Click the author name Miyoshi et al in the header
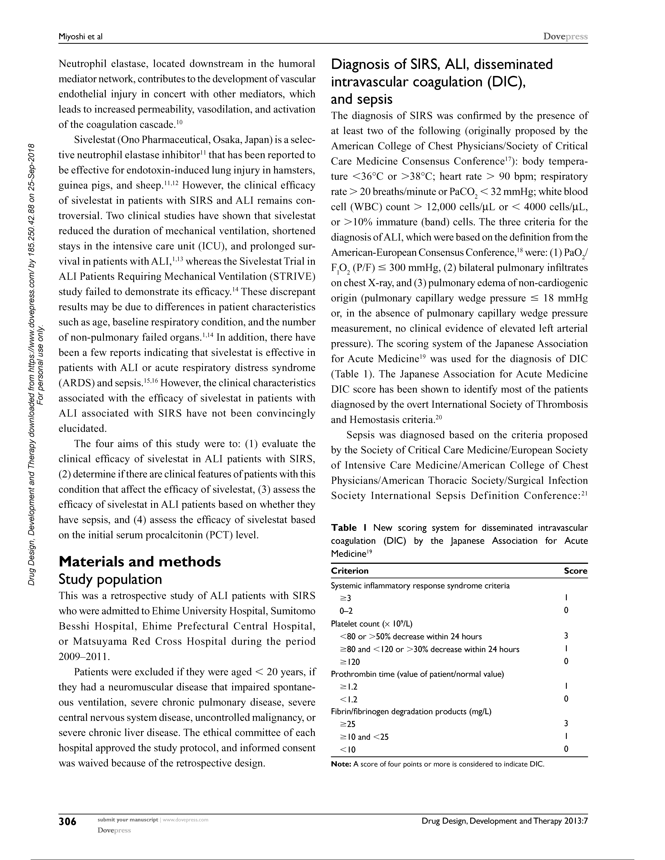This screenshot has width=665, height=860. tap(80, 37)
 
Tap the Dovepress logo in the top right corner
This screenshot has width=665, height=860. tap(565, 37)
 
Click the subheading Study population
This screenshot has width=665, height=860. tap(110, 579)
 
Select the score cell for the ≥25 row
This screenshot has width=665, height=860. tap(566, 723)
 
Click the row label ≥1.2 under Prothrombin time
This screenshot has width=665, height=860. tap(349, 687)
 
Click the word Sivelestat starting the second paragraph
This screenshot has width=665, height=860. tap(93, 140)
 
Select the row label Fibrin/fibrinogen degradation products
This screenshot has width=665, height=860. tap(411, 712)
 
